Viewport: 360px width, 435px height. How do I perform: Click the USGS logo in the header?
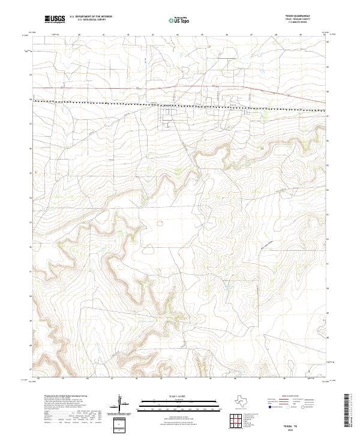coord(55,19)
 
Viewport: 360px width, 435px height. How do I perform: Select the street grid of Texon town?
coord(171,113)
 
